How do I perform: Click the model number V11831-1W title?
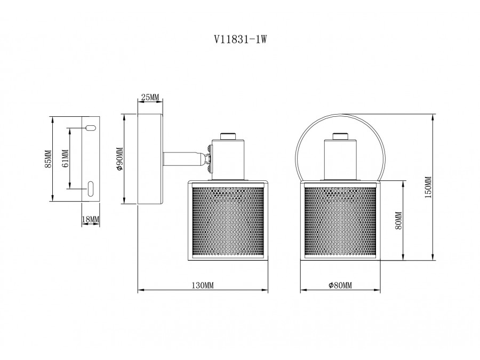(239, 39)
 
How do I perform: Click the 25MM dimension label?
(150, 97)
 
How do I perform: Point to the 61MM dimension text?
(65, 158)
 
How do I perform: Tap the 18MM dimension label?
(91, 219)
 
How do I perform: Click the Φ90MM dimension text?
(120, 159)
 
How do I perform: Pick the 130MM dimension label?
(202, 286)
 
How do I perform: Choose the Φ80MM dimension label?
(340, 286)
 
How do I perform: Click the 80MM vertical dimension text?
(398, 220)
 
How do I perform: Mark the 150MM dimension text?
(427, 187)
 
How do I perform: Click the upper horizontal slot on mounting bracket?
(90, 128)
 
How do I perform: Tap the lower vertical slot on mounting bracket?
(90, 189)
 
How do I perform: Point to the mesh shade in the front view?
(340, 220)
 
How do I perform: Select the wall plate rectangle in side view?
(150, 159)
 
